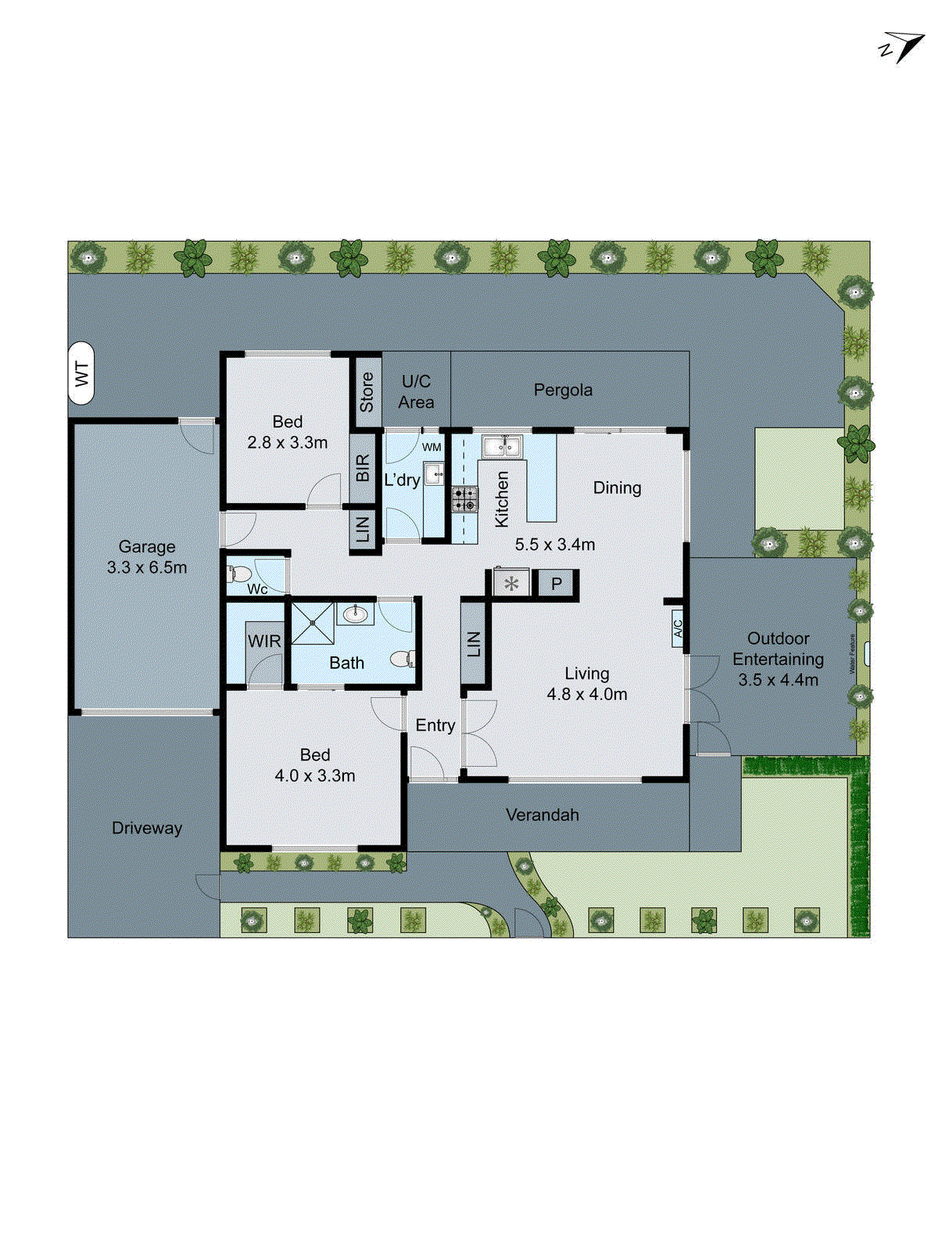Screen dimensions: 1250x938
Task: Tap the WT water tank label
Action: point(81,373)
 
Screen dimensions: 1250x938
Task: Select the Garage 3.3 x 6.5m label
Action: point(147,557)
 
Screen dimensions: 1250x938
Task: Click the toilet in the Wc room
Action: point(238,574)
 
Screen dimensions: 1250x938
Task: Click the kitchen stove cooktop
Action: point(464,499)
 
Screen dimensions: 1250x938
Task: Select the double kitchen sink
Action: point(501,447)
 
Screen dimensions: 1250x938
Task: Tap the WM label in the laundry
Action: point(431,448)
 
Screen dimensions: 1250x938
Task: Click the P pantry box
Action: point(557,584)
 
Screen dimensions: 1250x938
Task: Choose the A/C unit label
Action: point(678,627)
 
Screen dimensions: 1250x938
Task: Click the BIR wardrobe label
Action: point(363,469)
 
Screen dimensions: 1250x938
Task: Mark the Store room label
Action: point(367,392)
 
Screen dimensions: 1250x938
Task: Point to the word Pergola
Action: point(563,390)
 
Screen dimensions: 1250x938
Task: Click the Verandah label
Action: point(542,815)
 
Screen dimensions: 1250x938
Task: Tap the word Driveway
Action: point(147,828)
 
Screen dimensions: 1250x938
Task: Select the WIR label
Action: point(264,641)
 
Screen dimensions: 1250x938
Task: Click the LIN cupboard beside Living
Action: point(474,644)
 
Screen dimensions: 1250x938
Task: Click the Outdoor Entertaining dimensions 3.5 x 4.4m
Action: point(778,680)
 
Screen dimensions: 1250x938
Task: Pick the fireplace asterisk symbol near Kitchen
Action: point(511,584)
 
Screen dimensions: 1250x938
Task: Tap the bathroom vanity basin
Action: point(356,614)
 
